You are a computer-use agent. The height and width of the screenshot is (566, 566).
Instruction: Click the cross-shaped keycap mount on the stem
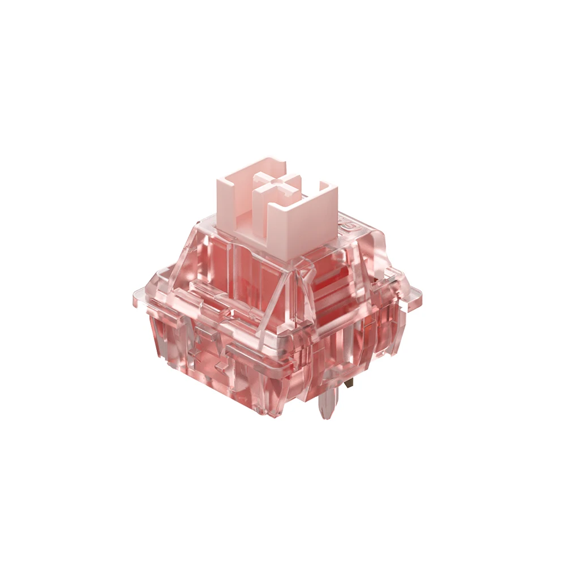click(276, 187)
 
